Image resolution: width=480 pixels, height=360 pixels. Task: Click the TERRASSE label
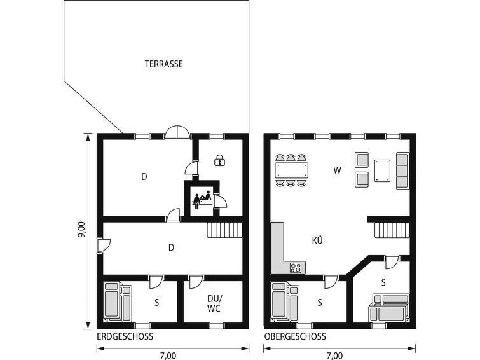[x=164, y=64]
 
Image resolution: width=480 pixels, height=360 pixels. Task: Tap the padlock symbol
[x=219, y=160]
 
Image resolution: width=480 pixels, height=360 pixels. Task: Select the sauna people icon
[x=202, y=199]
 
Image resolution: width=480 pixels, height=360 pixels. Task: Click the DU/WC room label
[x=214, y=303]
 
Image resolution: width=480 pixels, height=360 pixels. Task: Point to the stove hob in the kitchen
[x=296, y=268]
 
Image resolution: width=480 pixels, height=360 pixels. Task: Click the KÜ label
[x=317, y=241]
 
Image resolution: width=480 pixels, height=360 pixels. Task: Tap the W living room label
[x=337, y=170]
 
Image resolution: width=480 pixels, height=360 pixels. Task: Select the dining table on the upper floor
[x=291, y=170]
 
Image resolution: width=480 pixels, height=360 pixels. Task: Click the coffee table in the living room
[x=382, y=170]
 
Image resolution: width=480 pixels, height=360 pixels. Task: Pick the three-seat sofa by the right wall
[x=402, y=170]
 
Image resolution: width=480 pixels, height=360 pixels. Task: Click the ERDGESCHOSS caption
[x=125, y=336]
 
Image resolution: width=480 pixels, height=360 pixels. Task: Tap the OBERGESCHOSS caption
[x=295, y=336]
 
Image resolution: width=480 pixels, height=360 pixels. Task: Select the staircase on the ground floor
[x=224, y=230]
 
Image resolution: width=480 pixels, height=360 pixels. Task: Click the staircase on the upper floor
[x=392, y=230]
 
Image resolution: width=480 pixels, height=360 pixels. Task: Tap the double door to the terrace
[x=177, y=133]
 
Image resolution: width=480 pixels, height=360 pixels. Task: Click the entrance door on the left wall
[x=104, y=246]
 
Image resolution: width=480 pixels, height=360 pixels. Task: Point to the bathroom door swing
[x=196, y=282]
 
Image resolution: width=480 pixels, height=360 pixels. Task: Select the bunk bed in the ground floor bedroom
[x=118, y=302]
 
